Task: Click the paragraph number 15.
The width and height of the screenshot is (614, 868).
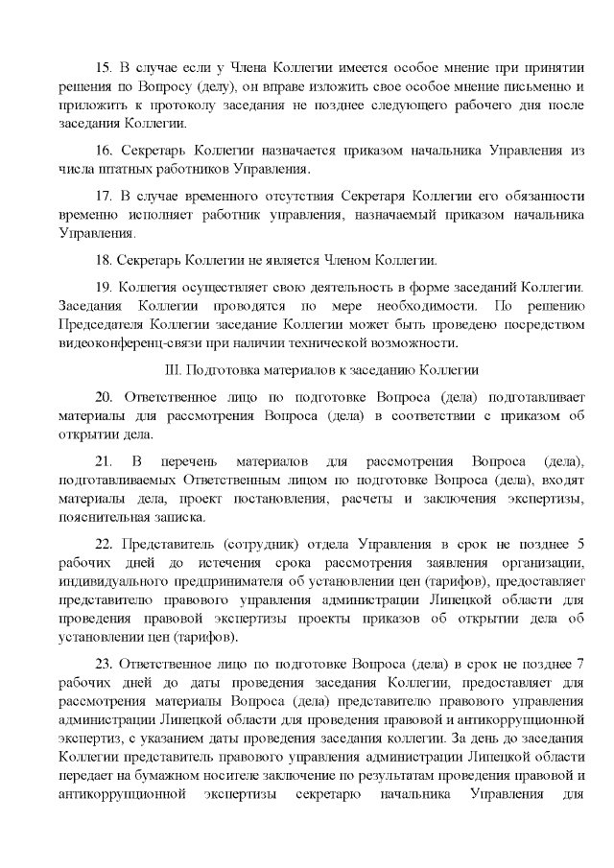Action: [x=104, y=68]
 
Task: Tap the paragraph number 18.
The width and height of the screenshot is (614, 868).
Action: [x=104, y=259]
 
